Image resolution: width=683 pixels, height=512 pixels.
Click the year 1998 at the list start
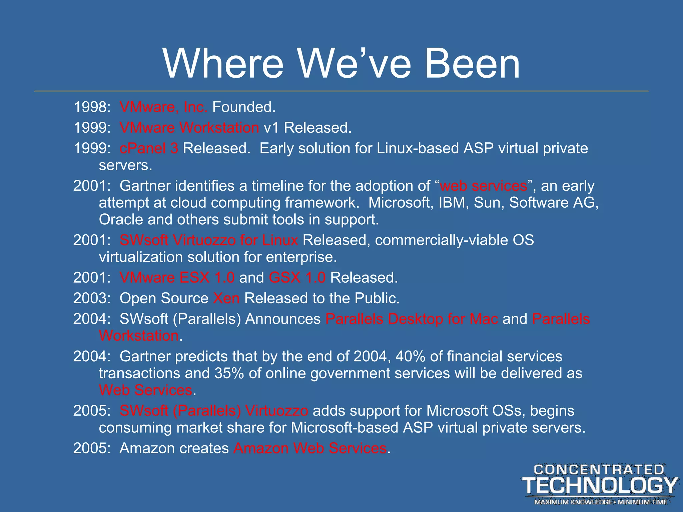90,107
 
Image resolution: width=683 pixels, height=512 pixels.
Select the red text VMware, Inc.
163,107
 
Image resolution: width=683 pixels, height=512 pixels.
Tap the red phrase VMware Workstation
189,128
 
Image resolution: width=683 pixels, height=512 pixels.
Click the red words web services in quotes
484,186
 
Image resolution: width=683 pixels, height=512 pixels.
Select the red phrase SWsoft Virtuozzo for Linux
209,240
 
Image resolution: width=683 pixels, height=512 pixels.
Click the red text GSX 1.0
297,278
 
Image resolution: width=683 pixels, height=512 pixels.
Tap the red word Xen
226,298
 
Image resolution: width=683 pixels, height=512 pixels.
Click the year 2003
90,298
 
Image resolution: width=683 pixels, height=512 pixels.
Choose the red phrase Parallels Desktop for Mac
412,319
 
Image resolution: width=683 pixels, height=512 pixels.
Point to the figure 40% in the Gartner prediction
410,357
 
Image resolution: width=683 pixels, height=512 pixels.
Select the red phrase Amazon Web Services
310,448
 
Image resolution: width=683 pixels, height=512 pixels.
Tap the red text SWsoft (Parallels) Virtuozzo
214,411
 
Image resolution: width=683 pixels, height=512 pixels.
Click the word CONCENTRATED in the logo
599,470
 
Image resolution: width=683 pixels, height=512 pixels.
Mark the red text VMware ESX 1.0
177,278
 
